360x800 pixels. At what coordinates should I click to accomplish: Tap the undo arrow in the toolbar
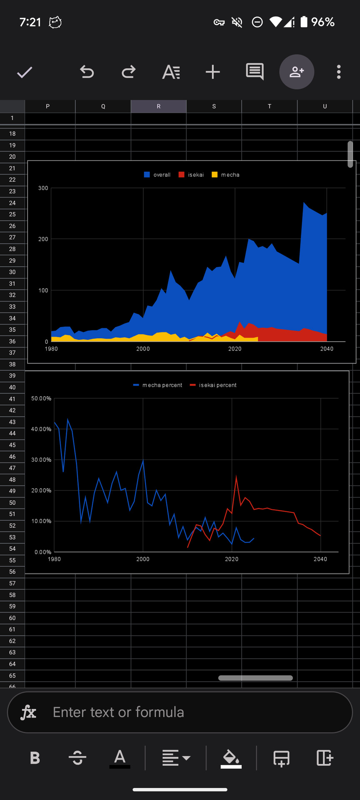tap(87, 72)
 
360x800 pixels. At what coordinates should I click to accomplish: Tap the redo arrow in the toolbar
tap(129, 72)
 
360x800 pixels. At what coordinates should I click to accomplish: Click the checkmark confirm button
tap(25, 72)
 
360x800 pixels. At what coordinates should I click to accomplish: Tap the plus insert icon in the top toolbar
tap(212, 72)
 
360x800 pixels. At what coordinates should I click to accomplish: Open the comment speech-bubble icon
tap(255, 72)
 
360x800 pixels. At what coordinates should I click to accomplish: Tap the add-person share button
tap(297, 72)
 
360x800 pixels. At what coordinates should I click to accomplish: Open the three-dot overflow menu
tap(339, 72)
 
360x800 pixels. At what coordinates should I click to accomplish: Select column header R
tap(158, 106)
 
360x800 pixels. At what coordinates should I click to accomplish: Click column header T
tap(270, 106)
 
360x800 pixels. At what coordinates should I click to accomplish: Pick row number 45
tap(12, 445)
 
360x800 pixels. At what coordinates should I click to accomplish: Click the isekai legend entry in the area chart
tap(192, 175)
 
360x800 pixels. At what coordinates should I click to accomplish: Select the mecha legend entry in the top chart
tap(226, 175)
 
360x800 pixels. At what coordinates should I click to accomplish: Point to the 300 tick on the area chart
tap(43, 188)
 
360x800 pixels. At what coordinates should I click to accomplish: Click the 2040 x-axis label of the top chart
tap(327, 349)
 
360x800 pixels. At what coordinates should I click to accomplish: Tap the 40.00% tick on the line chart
tap(41, 429)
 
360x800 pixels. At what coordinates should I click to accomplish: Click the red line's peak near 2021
tap(236, 476)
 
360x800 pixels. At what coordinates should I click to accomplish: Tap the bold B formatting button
tap(35, 758)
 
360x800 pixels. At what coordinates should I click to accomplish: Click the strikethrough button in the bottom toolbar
tap(77, 758)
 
